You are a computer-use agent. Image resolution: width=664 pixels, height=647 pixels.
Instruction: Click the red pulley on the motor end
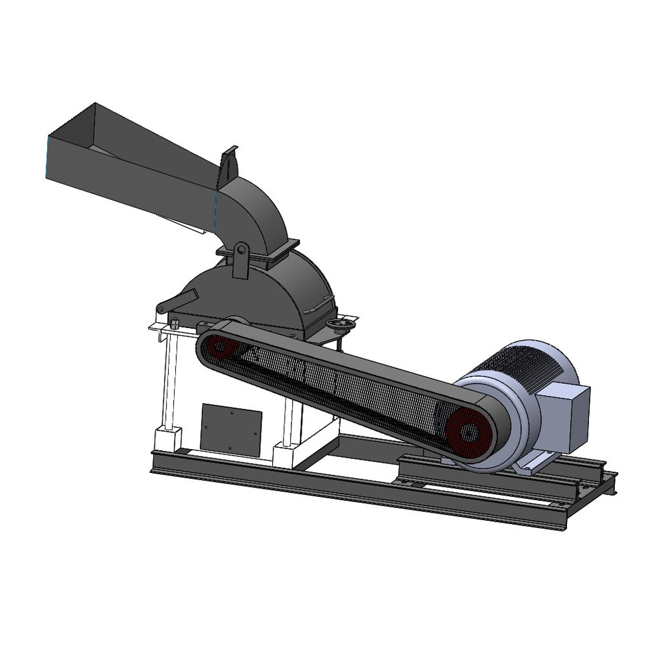click(x=469, y=432)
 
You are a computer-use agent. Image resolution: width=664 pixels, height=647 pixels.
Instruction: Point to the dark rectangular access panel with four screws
click(x=230, y=429)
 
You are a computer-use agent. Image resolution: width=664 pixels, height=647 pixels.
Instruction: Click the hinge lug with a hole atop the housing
click(x=240, y=260)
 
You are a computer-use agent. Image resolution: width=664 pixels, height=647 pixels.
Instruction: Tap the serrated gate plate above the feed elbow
click(x=228, y=163)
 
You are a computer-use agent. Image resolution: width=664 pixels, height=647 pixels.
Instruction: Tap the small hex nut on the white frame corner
click(x=175, y=323)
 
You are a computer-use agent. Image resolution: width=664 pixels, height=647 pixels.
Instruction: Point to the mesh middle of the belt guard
click(x=345, y=385)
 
